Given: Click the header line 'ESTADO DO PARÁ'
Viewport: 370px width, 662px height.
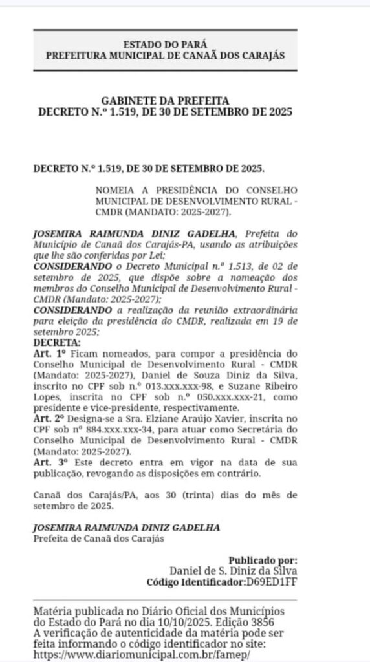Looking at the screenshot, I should click(x=165, y=45).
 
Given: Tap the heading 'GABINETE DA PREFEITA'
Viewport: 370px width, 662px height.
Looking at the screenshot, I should click(x=165, y=101).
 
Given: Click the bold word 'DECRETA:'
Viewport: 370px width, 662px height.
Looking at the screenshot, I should click(x=57, y=342).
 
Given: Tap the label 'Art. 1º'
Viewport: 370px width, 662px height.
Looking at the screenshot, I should click(x=50, y=353).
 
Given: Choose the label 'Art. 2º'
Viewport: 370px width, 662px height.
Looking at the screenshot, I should click(x=50, y=418).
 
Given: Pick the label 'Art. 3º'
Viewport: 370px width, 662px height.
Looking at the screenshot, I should click(x=50, y=462).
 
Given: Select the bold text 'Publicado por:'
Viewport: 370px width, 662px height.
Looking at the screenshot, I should click(x=263, y=560).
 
